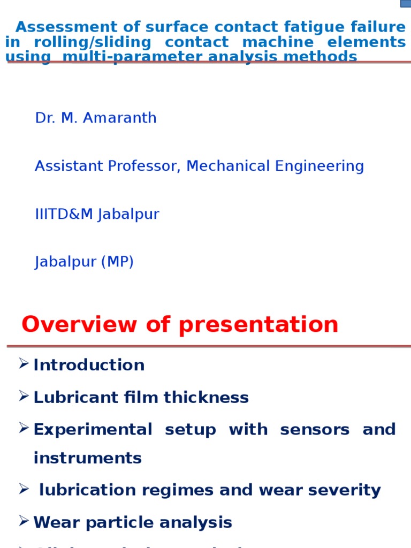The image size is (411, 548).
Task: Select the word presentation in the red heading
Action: tap(258, 325)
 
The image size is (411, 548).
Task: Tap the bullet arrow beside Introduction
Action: tap(24, 364)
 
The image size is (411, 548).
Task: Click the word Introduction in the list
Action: tap(89, 366)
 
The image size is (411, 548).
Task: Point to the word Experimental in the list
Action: tap(93, 430)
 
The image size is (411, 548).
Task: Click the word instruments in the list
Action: tap(87, 458)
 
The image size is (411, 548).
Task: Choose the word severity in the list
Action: tap(348, 491)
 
